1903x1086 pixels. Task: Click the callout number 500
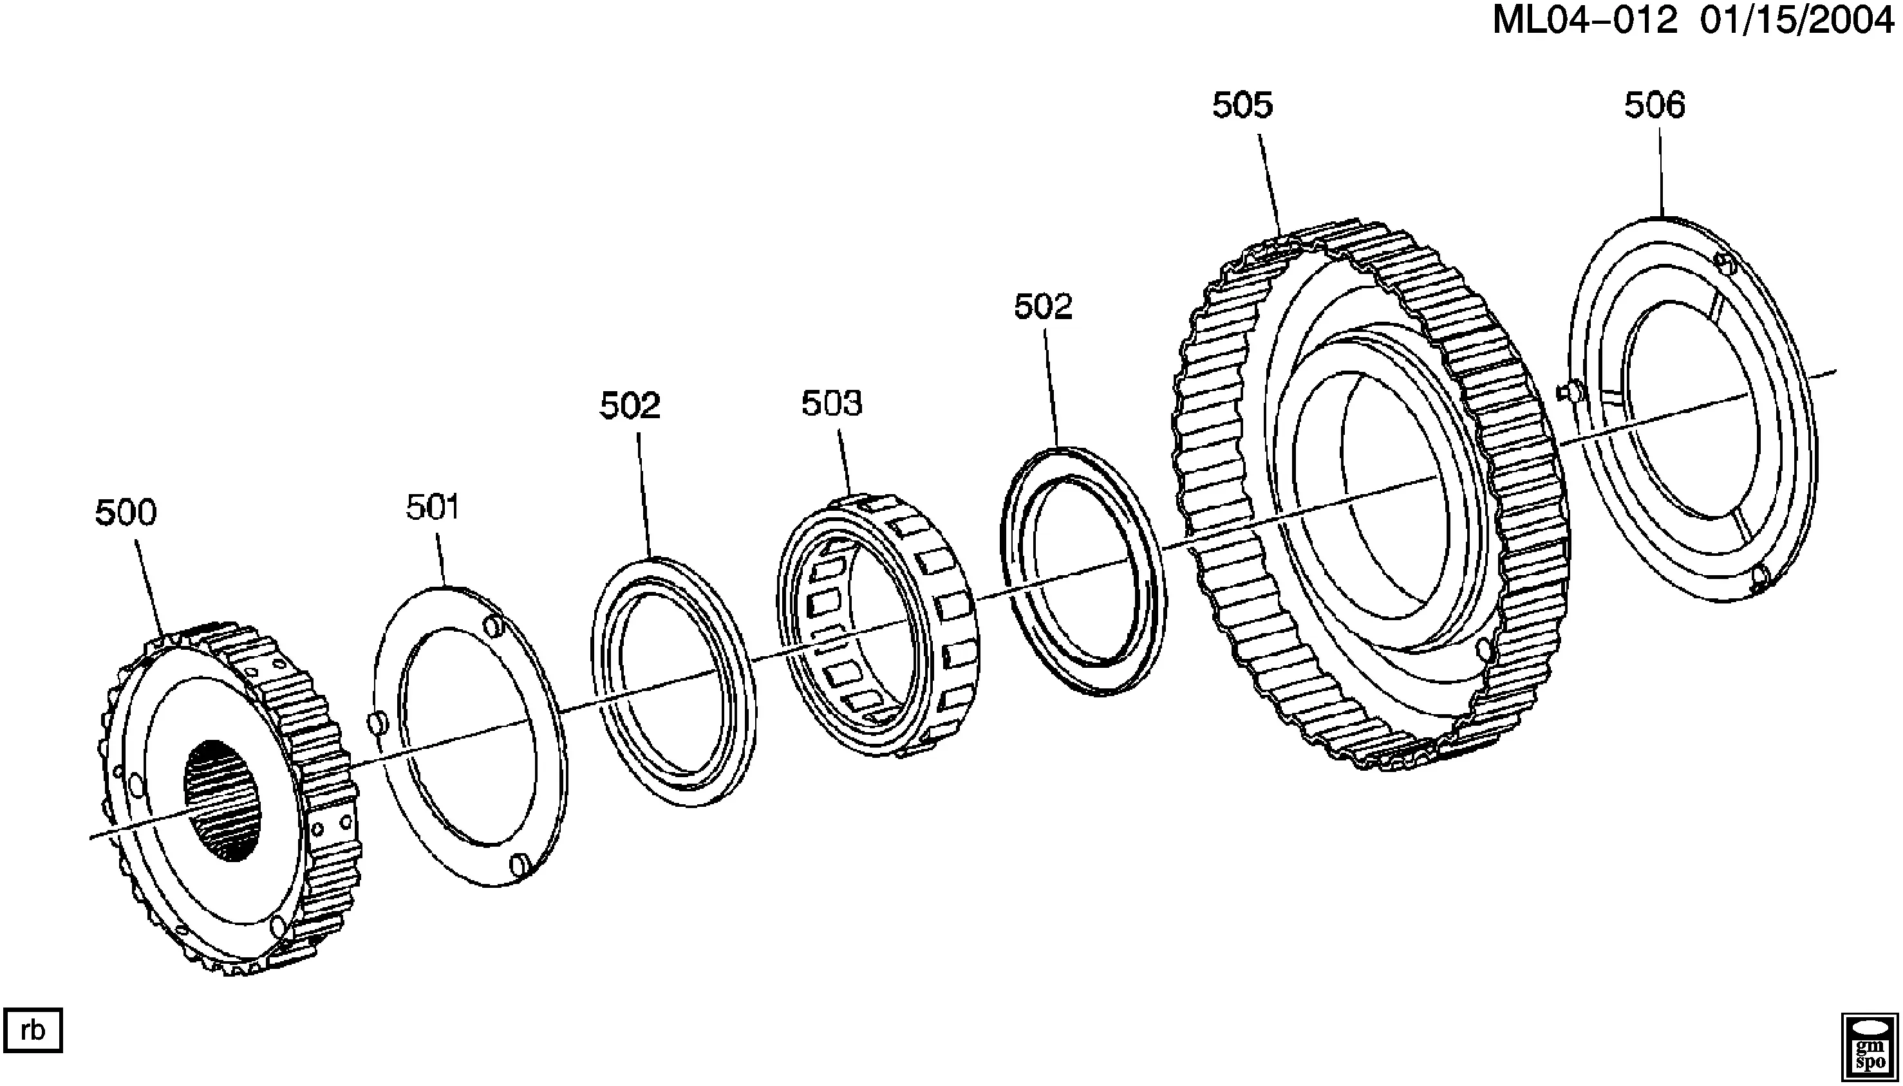[126, 513]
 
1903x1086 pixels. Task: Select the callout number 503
[831, 403]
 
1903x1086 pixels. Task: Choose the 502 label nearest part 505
[1042, 306]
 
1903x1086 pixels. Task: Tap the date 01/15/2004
[1796, 21]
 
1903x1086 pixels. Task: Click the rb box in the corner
[33, 1031]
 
